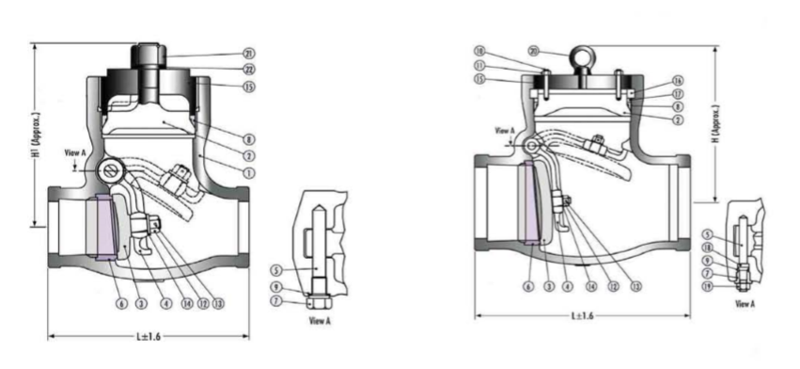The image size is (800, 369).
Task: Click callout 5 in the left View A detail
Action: pos(276,271)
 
